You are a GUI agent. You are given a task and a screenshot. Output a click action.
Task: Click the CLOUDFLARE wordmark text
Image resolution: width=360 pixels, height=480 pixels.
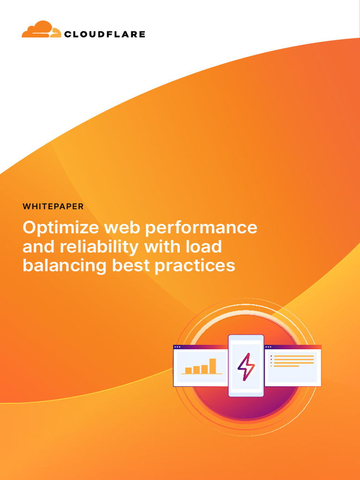click(x=104, y=34)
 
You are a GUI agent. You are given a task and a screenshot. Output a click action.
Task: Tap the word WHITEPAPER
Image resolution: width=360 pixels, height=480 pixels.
click(x=53, y=206)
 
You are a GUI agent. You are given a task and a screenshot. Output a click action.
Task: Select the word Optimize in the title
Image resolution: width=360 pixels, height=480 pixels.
click(x=61, y=228)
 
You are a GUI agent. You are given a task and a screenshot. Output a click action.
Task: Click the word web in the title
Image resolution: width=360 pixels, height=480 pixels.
click(x=122, y=228)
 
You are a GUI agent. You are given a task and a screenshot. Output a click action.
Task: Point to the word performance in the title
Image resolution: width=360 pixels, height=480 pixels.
click(x=201, y=228)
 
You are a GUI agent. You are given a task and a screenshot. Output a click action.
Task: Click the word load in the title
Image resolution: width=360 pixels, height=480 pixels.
click(x=204, y=247)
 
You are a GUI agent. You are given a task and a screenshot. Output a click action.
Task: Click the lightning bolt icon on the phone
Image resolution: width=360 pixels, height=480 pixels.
click(x=246, y=367)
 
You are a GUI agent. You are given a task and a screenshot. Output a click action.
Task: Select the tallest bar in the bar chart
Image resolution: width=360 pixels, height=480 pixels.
click(x=213, y=366)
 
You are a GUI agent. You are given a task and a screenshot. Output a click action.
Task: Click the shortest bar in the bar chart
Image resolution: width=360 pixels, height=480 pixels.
click(x=188, y=370)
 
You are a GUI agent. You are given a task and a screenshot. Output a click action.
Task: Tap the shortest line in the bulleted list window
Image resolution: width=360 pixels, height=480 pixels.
click(x=286, y=366)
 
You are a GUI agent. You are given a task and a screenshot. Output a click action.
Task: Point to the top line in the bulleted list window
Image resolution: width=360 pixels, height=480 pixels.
click(x=294, y=356)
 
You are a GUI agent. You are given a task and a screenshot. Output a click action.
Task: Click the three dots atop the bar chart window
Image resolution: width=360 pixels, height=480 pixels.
click(x=177, y=347)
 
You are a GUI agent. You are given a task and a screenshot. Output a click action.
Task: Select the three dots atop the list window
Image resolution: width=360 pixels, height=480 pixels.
click(x=269, y=347)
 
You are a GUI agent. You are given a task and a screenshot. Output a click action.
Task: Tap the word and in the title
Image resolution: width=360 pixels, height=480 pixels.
click(x=38, y=247)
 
